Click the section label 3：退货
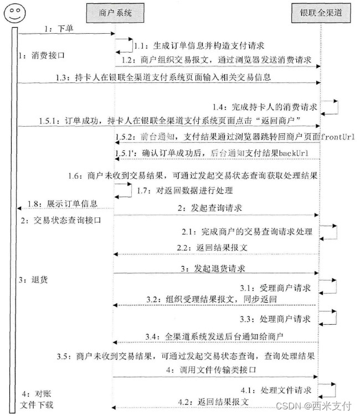tap(33, 280)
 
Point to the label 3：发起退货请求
tap(213, 269)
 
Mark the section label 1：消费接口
tap(42, 56)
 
